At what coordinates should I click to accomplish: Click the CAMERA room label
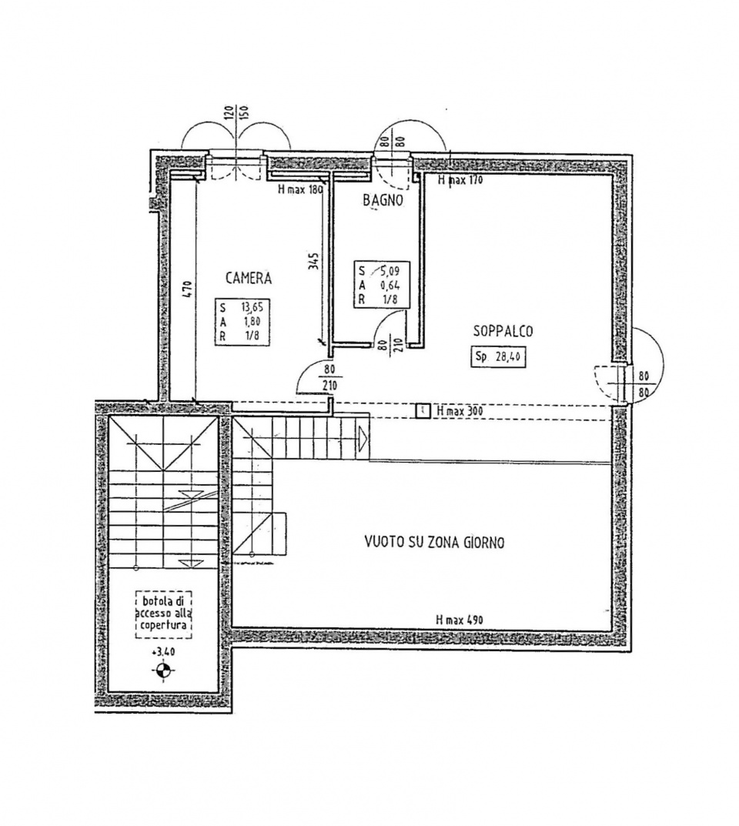pyautogui.click(x=249, y=278)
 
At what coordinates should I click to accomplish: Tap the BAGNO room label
pyautogui.click(x=383, y=200)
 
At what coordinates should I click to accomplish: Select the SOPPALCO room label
pyautogui.click(x=503, y=331)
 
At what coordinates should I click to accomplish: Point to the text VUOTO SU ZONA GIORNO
pyautogui.click(x=434, y=542)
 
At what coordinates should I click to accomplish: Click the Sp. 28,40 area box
pyautogui.click(x=498, y=356)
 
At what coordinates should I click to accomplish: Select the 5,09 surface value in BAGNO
pyautogui.click(x=390, y=272)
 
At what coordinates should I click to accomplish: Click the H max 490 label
pyautogui.click(x=460, y=620)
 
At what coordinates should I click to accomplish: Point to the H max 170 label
pyautogui.click(x=460, y=180)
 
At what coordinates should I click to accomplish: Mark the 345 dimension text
pyautogui.click(x=313, y=262)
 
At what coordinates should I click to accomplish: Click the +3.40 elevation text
pyautogui.click(x=162, y=651)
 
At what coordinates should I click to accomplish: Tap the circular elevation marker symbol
pyautogui.click(x=162, y=670)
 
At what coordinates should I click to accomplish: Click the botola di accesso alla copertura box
pyautogui.click(x=163, y=614)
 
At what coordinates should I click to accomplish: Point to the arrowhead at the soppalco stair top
pyautogui.click(x=363, y=436)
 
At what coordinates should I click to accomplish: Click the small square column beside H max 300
pyautogui.click(x=423, y=411)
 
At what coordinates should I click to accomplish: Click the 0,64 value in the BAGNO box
pyautogui.click(x=390, y=286)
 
